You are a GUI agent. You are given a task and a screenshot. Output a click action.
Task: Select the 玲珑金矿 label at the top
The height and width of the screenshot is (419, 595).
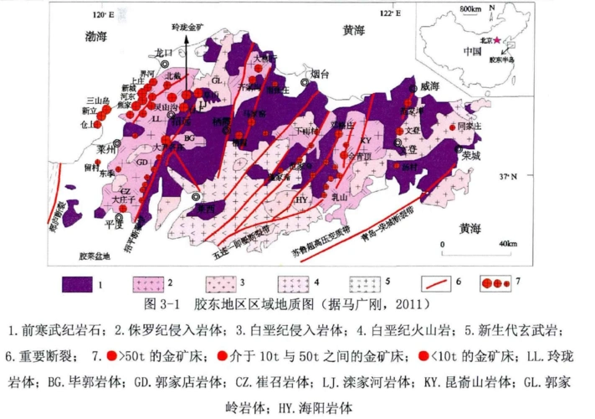click(189, 27)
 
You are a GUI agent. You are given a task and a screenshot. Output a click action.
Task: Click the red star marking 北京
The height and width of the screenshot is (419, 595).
click(499, 39)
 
